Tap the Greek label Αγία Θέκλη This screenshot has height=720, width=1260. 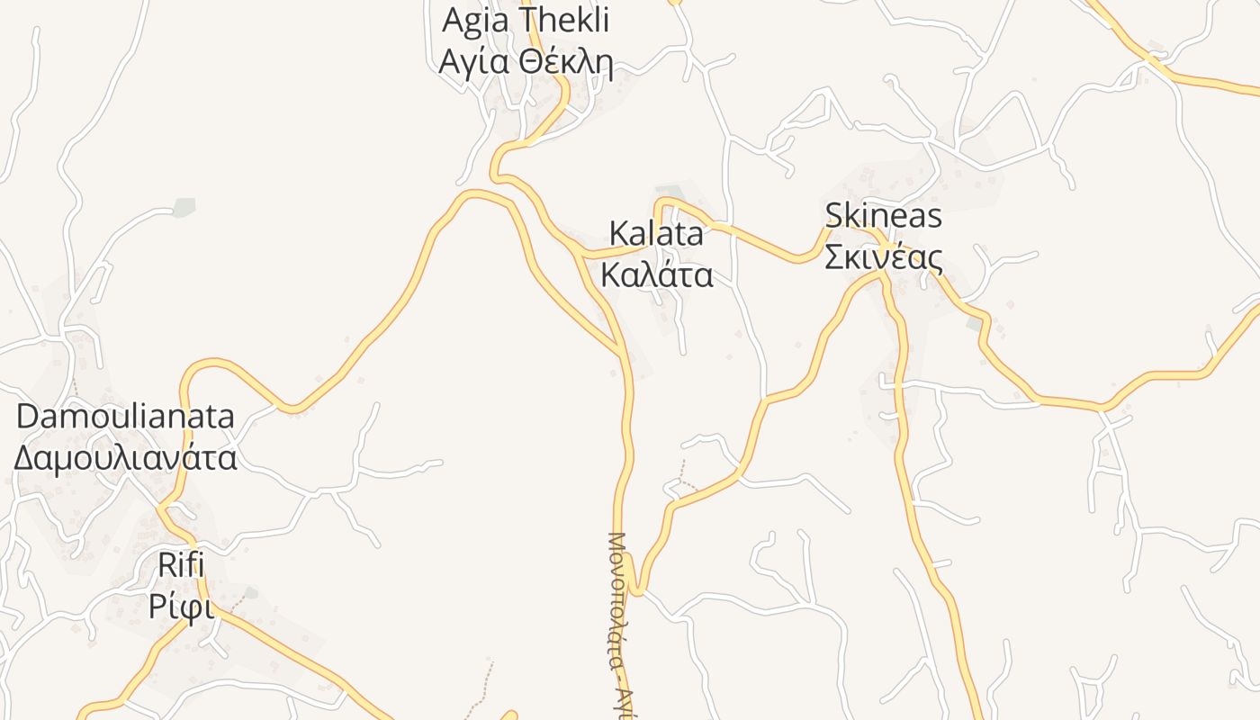tap(525, 63)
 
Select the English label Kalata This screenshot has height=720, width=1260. tap(656, 234)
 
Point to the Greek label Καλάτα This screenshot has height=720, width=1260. tap(656, 274)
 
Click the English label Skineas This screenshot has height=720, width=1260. tap(883, 216)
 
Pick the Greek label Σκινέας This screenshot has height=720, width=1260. tap(883, 258)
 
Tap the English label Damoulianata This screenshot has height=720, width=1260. tap(125, 417)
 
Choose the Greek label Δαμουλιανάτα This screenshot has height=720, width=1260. tap(125, 457)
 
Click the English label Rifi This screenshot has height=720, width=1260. tap(181, 566)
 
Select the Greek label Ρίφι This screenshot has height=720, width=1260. tap(181, 608)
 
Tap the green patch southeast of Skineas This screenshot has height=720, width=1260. tap(974, 322)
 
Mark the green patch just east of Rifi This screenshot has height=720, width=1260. tap(251, 593)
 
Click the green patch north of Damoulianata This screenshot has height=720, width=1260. tap(184, 206)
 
